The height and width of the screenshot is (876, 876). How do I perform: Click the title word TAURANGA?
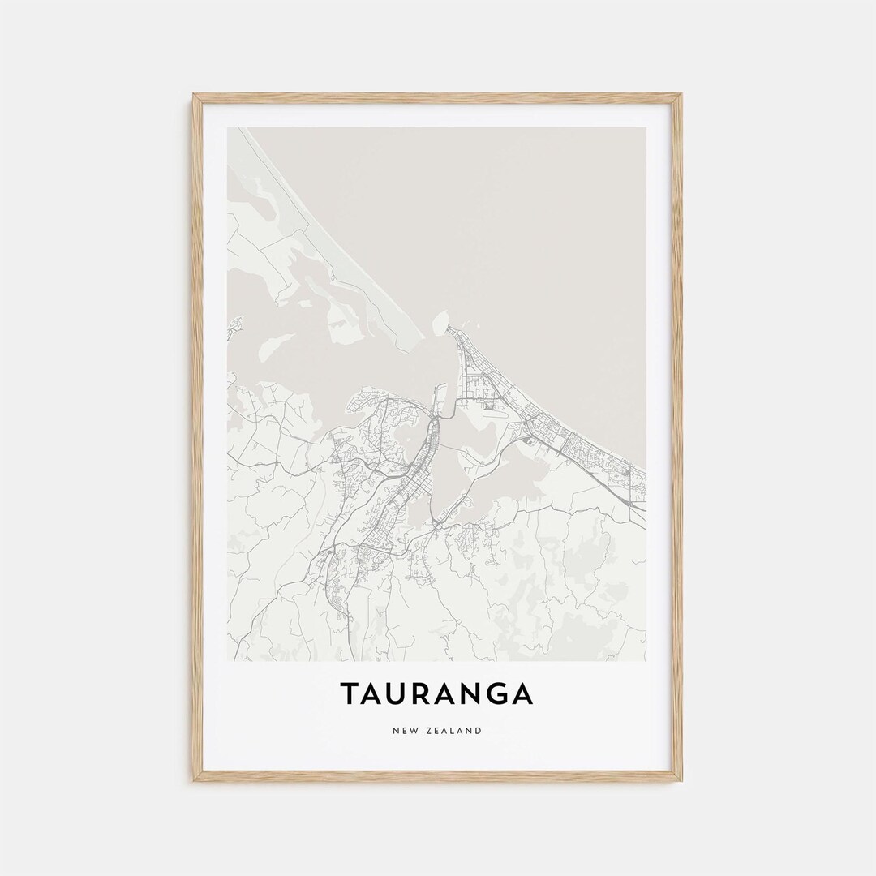tap(436, 694)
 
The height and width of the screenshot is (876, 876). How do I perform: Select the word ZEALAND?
tap(455, 731)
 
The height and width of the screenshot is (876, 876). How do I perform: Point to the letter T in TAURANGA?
tap(349, 694)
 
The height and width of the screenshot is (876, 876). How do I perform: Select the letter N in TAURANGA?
tap(474, 694)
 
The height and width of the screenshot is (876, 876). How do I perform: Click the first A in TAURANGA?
tap(373, 694)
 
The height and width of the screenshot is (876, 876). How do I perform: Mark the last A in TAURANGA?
tap(523, 694)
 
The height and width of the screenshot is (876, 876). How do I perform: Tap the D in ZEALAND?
tap(479, 731)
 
